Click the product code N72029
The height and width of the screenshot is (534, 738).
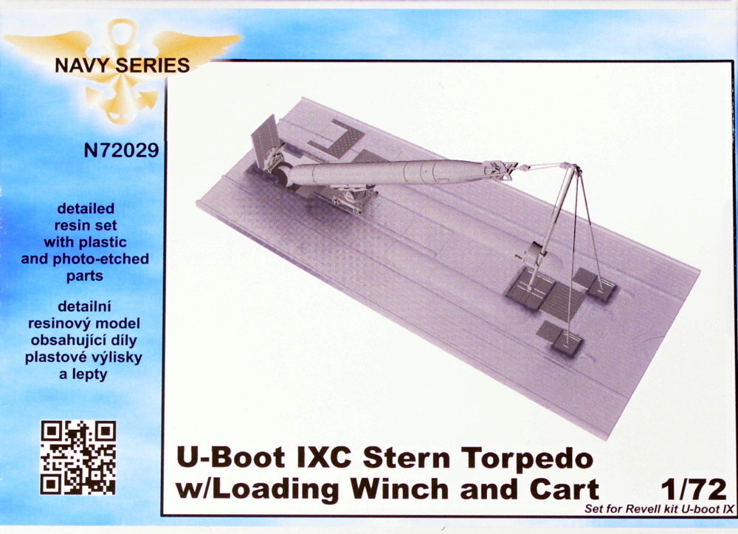121,151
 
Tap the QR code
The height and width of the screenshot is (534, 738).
78,457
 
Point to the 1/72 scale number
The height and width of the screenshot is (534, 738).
694,490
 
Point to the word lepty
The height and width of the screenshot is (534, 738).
89,375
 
